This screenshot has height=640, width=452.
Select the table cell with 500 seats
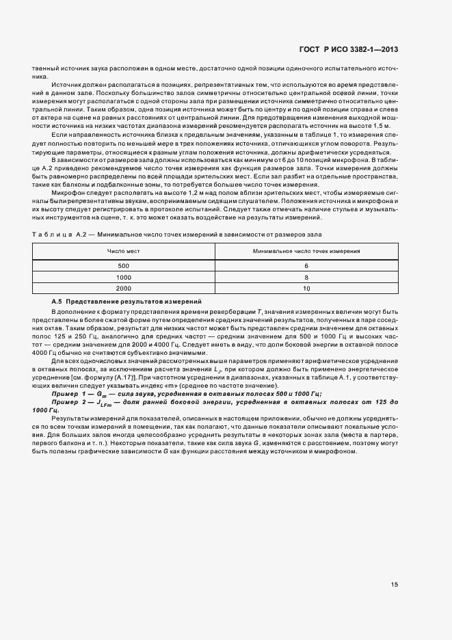click(123, 265)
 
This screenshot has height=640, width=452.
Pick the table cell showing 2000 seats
click(123, 289)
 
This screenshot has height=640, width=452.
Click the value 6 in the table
click(306, 265)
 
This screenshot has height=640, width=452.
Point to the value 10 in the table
click(306, 289)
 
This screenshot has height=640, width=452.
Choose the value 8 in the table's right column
click(306, 277)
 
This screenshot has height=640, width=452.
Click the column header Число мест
click(123, 252)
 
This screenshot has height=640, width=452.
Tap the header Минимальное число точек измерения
click(306, 252)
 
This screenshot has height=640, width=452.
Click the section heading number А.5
click(57, 301)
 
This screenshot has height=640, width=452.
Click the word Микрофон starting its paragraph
click(66, 194)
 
